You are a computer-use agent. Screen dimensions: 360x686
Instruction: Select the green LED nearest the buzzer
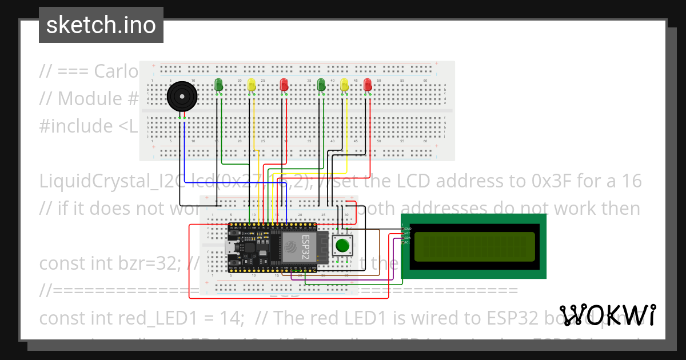(218, 85)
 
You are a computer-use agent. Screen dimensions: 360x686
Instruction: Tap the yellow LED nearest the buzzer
(252, 85)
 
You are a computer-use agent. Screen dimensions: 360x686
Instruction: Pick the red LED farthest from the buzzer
(367, 85)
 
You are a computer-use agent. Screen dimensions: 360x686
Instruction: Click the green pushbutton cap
(342, 246)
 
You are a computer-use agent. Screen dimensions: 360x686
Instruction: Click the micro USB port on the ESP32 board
(230, 248)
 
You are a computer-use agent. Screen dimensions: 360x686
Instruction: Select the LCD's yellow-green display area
(474, 246)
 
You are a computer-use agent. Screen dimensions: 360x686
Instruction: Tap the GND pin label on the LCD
(408, 228)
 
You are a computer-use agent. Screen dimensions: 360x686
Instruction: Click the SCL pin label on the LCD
(408, 242)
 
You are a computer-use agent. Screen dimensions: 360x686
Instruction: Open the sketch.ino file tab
(101, 25)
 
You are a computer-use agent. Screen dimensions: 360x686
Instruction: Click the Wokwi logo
(607, 315)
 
